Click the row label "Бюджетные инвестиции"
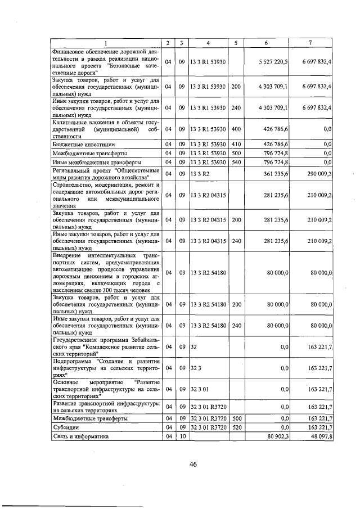tap(78, 145)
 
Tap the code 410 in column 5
tap(236, 145)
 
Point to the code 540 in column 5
tap(236, 163)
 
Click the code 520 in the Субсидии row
tap(236, 427)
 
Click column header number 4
tap(208, 44)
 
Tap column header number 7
tap(310, 44)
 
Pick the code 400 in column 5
tap(236, 129)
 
